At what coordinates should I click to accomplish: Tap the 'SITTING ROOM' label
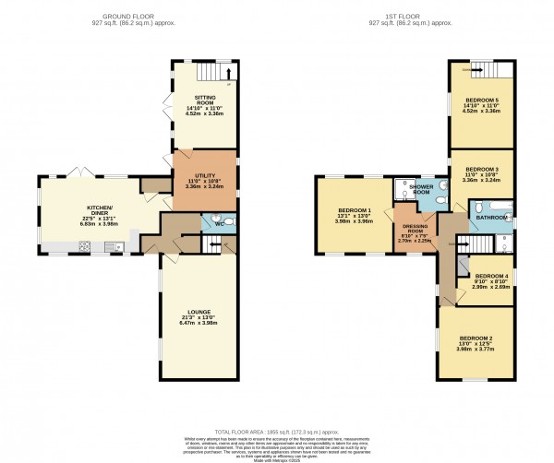[203, 98]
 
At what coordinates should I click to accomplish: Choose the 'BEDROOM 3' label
[480, 170]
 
